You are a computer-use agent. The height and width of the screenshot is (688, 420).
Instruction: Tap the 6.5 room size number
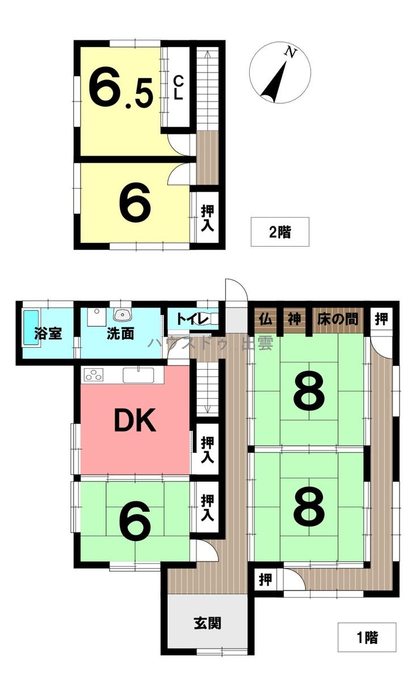[x=121, y=88]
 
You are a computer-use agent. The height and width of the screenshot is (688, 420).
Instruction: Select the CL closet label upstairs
[x=178, y=88]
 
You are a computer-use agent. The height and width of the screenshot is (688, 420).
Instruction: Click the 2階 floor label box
[x=280, y=232]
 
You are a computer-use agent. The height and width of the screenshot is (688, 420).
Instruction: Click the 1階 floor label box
[x=367, y=638]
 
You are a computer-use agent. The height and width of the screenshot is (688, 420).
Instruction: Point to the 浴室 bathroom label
[x=48, y=334]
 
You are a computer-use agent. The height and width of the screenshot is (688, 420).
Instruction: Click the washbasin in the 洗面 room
[x=122, y=314]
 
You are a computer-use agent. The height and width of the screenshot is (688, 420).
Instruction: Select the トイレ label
[x=192, y=319]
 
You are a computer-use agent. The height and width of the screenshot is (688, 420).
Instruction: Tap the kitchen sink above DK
[x=138, y=375]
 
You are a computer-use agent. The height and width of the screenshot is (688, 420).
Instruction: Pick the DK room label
[x=135, y=420]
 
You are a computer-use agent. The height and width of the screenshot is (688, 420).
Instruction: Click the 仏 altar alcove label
[x=266, y=319]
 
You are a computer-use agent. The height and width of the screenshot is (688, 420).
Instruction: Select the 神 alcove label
[x=294, y=319]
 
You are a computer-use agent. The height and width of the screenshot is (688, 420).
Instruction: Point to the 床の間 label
[x=337, y=319]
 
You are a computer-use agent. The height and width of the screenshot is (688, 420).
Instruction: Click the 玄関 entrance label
[x=207, y=623]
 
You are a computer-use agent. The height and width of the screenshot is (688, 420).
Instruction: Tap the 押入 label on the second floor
[x=207, y=218]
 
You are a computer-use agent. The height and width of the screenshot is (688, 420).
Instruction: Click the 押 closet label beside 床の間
[x=381, y=319]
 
